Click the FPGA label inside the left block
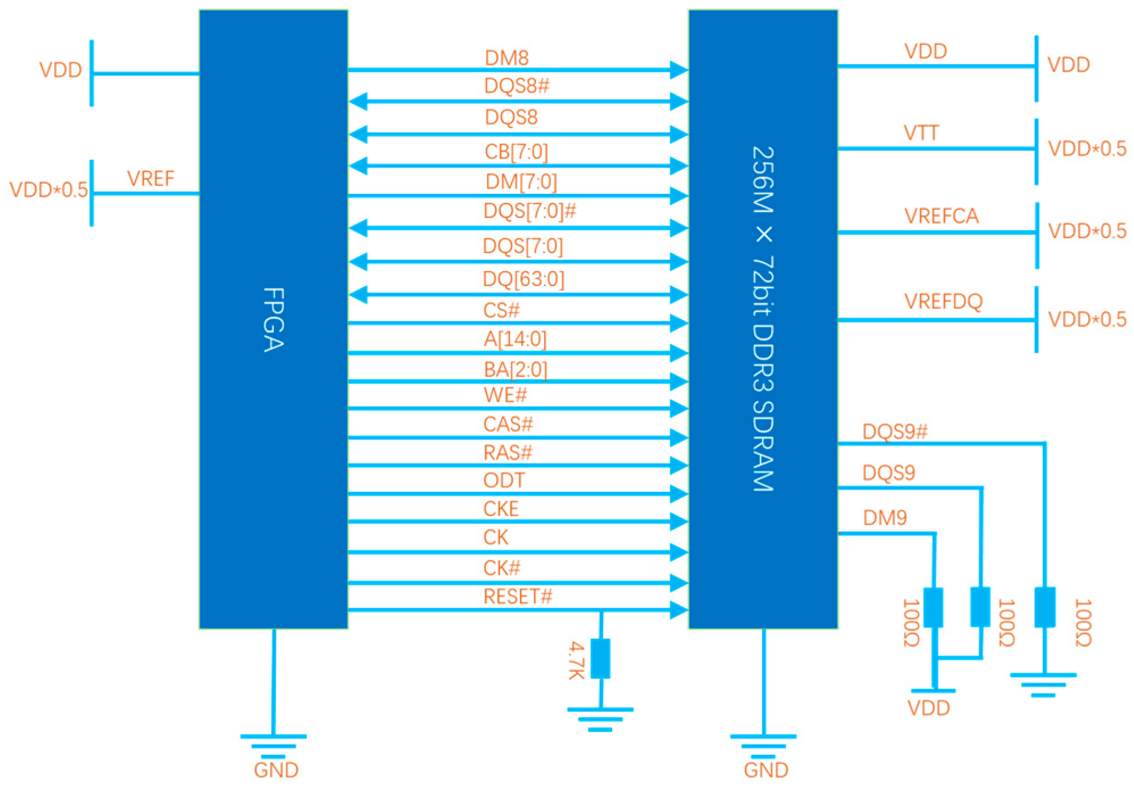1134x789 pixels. (x=273, y=319)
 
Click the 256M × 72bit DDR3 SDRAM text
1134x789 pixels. (x=763, y=318)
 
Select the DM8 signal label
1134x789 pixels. (x=506, y=58)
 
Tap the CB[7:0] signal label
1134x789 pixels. (x=516, y=152)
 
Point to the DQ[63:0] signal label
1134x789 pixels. (x=523, y=279)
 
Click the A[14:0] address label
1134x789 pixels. (x=515, y=339)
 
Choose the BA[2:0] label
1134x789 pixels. (x=515, y=369)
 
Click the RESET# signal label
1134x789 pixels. (x=518, y=596)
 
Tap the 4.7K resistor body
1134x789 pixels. (x=600, y=658)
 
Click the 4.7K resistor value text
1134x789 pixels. (x=576, y=660)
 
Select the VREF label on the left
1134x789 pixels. (x=151, y=178)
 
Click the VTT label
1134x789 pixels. (x=921, y=133)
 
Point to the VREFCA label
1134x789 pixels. (x=941, y=216)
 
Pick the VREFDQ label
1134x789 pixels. (x=943, y=301)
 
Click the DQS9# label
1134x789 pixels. (x=894, y=431)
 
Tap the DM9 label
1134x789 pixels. (x=885, y=517)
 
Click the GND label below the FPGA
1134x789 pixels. (x=276, y=770)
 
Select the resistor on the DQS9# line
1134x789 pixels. (x=1044, y=607)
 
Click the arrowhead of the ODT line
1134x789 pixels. (x=678, y=493)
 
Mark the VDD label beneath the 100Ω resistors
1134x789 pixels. (x=928, y=708)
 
